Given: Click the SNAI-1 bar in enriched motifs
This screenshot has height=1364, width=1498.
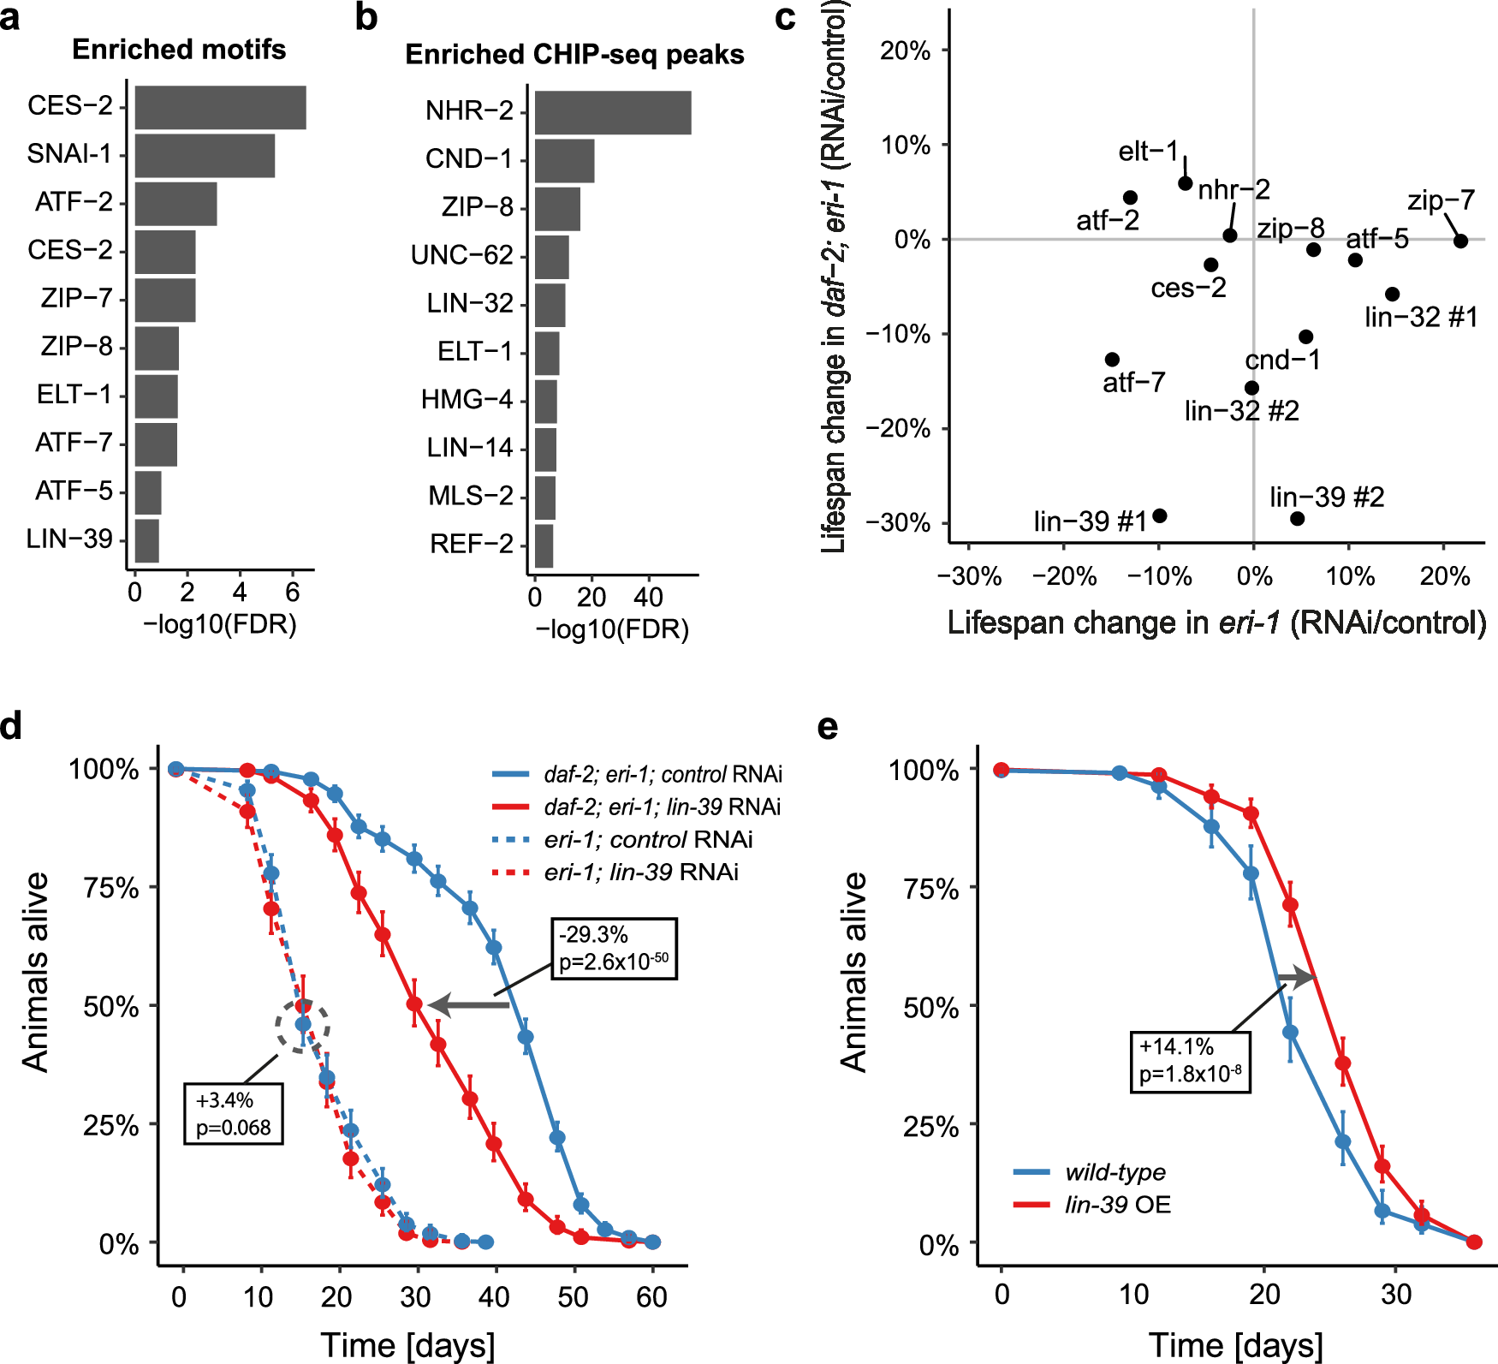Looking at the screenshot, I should coord(205,155).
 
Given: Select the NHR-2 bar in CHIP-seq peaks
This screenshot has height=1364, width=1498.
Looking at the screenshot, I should coord(612,112).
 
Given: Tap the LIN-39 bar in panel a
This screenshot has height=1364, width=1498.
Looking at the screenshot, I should coord(146,540).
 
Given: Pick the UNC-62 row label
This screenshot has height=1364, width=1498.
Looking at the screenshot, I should coord(461,255).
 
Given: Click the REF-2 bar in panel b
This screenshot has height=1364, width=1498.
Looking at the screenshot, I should coord(544,545).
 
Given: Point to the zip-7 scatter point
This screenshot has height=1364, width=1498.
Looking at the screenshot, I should coord(1460,241).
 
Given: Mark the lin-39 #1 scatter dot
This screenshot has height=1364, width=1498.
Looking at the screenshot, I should coord(1160,515).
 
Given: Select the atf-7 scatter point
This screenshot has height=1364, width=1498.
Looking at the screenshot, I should coord(1112,360).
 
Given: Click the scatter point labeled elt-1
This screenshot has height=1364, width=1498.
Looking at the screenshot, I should coord(1186,183).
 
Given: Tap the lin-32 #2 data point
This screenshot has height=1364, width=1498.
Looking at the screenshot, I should coord(1251,388).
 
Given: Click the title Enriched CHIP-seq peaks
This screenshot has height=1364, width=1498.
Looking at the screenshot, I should coord(574,55).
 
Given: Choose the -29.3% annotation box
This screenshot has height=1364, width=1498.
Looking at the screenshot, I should coord(614,948).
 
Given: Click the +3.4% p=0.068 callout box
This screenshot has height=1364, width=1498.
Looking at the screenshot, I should coord(233,1113).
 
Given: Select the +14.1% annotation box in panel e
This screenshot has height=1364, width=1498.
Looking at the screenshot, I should coord(1189,1061).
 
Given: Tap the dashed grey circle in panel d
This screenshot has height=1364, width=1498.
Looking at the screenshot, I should coord(302,1026).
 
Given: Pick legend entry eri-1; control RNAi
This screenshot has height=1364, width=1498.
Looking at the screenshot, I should coord(648,839).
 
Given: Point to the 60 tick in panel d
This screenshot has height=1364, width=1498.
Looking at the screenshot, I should coord(651,1297).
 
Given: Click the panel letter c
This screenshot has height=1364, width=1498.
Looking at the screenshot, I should coord(784,17).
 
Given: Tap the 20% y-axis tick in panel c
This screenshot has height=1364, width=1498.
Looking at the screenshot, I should coord(905,51).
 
